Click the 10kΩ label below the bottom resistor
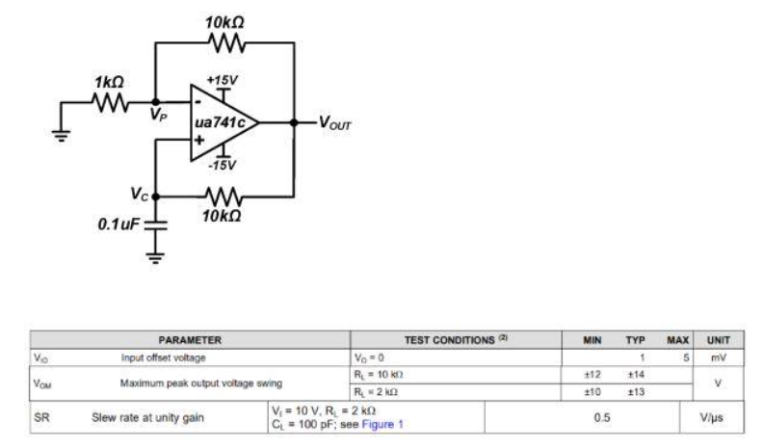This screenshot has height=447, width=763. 223,216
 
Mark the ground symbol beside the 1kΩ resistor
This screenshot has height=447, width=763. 63,134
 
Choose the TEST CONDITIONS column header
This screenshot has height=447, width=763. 456,340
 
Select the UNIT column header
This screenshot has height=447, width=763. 718,340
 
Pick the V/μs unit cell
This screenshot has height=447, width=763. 718,418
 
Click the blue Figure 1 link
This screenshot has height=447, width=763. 383,425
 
